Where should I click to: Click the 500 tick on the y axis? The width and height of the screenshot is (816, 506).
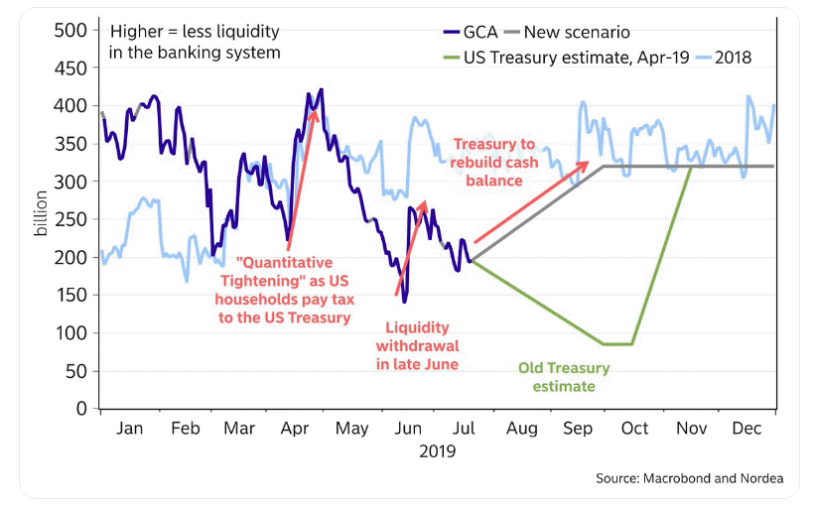coord(75,30)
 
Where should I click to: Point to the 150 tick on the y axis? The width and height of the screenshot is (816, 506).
coord(75,295)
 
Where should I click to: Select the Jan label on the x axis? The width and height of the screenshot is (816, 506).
coord(129,429)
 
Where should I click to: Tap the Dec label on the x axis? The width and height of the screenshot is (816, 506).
coord(747,429)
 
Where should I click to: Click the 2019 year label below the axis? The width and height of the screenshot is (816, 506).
coord(437,451)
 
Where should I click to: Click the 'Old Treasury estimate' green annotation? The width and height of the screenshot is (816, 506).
coord(564,377)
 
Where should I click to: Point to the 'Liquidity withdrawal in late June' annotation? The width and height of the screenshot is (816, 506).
coord(417,345)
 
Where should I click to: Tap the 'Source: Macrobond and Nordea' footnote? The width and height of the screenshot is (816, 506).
coord(689,478)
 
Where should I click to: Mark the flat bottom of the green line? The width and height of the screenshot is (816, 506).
coord(617,344)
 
